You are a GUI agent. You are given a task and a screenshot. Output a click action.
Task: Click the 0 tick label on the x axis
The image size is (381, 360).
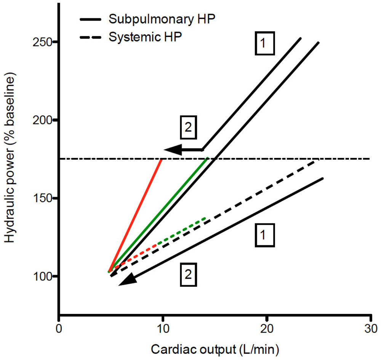coord(59,328)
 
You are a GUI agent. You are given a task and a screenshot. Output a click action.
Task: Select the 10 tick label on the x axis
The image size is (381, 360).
coord(163,328)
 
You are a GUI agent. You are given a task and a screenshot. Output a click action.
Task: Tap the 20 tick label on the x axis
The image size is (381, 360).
coord(267,328)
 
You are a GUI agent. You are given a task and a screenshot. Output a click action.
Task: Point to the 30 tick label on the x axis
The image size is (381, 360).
coord(371,328)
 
